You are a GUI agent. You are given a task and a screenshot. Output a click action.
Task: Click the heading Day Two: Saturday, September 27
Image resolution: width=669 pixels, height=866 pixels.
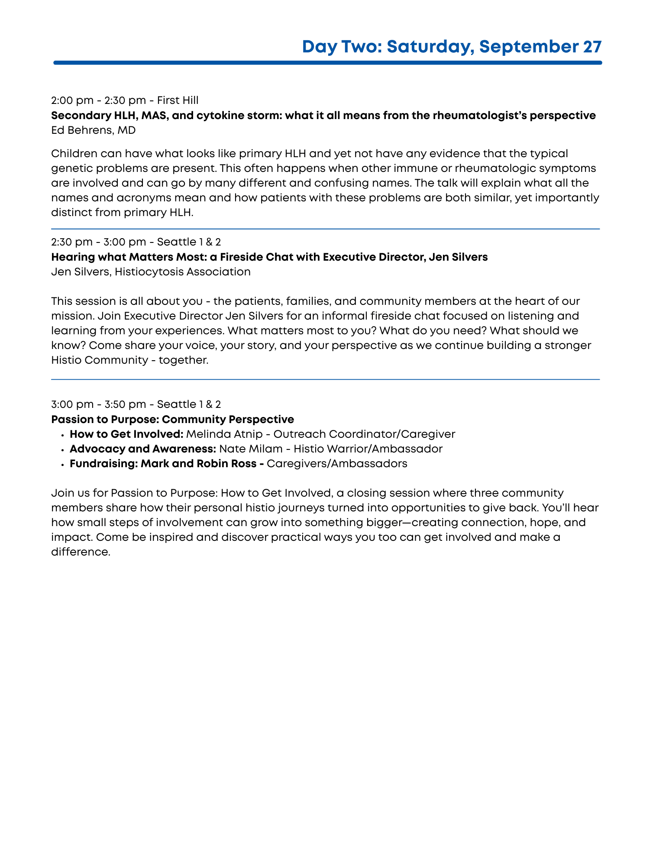tap(452, 47)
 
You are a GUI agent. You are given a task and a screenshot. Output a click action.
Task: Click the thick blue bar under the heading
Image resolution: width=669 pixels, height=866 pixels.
tap(327, 63)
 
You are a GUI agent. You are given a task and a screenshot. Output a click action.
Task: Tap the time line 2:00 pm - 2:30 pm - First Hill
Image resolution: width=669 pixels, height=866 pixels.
tap(125, 100)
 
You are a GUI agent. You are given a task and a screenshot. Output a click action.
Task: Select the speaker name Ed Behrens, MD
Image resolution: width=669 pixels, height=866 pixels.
tap(93, 130)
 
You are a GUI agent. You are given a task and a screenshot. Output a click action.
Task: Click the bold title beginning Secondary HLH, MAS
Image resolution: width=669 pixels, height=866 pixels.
tap(323, 116)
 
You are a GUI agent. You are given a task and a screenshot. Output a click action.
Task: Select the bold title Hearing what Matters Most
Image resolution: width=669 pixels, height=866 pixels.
tap(269, 257)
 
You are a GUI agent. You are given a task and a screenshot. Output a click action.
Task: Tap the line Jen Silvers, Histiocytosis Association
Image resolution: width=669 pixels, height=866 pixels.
tap(151, 272)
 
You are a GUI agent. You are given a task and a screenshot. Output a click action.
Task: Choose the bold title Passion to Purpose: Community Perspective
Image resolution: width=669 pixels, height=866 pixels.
tap(172, 420)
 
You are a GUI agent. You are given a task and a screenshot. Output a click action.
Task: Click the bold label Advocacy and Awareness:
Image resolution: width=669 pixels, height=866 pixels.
tap(143, 449)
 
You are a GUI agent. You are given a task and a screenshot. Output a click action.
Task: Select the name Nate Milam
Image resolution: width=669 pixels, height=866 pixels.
tap(251, 449)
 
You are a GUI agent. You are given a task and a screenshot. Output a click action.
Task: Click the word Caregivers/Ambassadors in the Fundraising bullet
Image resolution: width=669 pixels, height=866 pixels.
tap(337, 464)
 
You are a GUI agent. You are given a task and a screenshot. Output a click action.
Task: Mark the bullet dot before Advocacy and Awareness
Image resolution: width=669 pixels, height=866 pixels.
tap(63, 449)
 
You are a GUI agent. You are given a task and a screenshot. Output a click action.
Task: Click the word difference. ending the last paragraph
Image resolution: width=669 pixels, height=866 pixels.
tap(81, 552)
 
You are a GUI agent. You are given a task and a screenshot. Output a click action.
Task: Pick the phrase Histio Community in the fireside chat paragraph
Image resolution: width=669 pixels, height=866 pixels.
tap(100, 360)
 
